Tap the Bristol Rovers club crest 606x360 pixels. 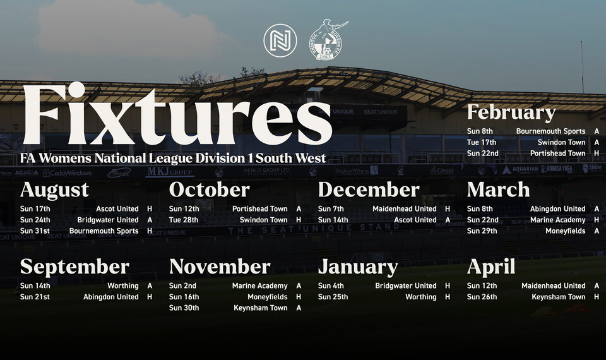pyautogui.click(x=327, y=40)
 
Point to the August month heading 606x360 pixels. pyautogui.click(x=54, y=189)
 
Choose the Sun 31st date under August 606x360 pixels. pyautogui.click(x=35, y=231)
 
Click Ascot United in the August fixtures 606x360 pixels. pyautogui.click(x=117, y=209)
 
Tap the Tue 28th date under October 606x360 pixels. pyautogui.click(x=184, y=220)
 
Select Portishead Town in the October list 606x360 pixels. pyautogui.click(x=259, y=209)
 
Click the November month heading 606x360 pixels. pyautogui.click(x=220, y=267)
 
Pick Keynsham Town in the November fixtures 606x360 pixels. pyautogui.click(x=260, y=308)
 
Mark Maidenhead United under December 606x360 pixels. pyautogui.click(x=404, y=209)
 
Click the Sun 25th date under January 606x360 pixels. pyautogui.click(x=333, y=297)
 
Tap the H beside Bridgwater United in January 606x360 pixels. pyautogui.click(x=448, y=286)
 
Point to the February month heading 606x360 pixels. pyautogui.click(x=511, y=112)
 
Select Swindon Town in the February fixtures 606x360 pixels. pyautogui.click(x=561, y=143)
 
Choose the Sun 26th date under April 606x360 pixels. pyautogui.click(x=482, y=297)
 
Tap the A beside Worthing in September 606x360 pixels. pyautogui.click(x=150, y=286)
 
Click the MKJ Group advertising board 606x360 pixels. pyautogui.click(x=169, y=172)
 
